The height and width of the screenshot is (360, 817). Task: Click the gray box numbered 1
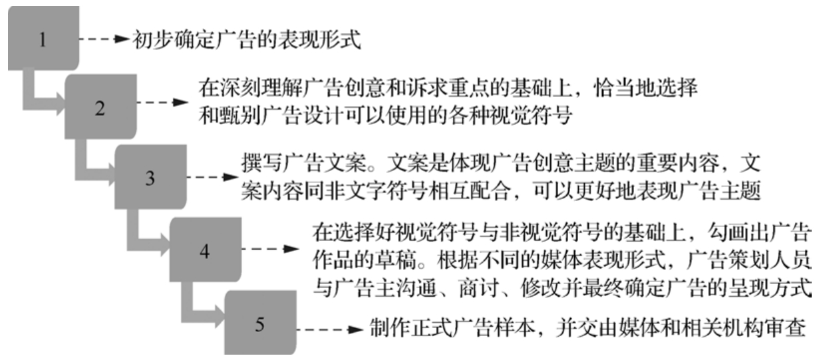(43, 38)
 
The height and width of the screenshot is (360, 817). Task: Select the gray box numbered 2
(100, 106)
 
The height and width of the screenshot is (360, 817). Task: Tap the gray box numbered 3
(150, 177)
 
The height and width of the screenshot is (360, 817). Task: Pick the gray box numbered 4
(206, 250)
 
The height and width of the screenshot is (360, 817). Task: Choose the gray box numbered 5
(260, 323)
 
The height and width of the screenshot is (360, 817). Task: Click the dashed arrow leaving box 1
(104, 39)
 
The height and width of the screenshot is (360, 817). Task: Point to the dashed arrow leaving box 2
(163, 102)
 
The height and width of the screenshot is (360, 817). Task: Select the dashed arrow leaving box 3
(212, 177)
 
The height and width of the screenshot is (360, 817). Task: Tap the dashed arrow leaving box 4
(270, 249)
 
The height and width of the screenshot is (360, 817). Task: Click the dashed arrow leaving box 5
(330, 330)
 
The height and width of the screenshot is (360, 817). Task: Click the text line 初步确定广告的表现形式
(247, 39)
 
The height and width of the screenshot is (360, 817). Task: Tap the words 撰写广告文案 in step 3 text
(304, 162)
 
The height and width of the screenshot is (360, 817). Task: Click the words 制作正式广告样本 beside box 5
(452, 327)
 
